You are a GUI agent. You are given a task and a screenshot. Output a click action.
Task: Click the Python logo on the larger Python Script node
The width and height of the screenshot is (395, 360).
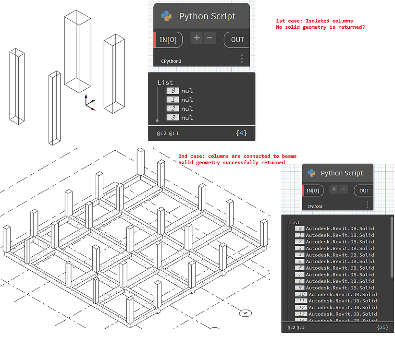(x=167, y=16)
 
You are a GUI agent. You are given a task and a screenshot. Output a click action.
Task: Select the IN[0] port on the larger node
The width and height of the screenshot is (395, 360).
(x=168, y=40)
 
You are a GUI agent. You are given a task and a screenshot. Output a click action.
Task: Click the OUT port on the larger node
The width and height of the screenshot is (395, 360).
(x=237, y=40)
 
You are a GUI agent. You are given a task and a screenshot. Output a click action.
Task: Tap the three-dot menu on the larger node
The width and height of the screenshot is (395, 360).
(x=242, y=59)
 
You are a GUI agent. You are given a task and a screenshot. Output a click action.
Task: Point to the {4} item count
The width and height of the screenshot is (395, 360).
(x=242, y=132)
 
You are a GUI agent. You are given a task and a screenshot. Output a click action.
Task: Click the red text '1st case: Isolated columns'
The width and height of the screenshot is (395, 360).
(x=314, y=21)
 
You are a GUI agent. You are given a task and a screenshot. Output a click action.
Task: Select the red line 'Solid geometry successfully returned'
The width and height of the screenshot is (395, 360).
(x=232, y=163)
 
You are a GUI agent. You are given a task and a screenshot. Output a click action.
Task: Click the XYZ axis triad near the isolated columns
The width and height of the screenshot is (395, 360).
(x=88, y=103)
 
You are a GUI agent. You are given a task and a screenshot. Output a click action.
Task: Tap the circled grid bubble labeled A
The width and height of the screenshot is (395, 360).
(x=245, y=313)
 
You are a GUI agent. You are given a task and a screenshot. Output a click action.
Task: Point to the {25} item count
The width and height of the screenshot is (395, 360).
(x=383, y=327)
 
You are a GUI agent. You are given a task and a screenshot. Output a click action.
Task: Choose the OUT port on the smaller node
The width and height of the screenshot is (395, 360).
(x=364, y=191)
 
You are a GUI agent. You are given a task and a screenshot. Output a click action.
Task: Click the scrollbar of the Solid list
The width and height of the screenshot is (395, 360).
(x=392, y=250)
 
